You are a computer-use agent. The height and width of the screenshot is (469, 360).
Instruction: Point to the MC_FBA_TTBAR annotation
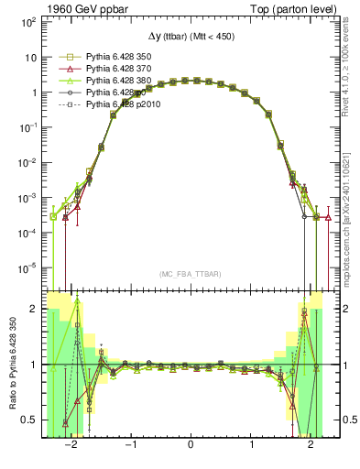[190, 274]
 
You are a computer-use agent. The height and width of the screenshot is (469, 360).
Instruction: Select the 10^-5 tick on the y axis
[27, 268]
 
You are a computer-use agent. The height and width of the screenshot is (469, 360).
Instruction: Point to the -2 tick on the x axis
[69, 447]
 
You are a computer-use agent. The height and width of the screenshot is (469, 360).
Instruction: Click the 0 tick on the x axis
[190, 447]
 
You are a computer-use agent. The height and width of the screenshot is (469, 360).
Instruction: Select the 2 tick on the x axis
[311, 447]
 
